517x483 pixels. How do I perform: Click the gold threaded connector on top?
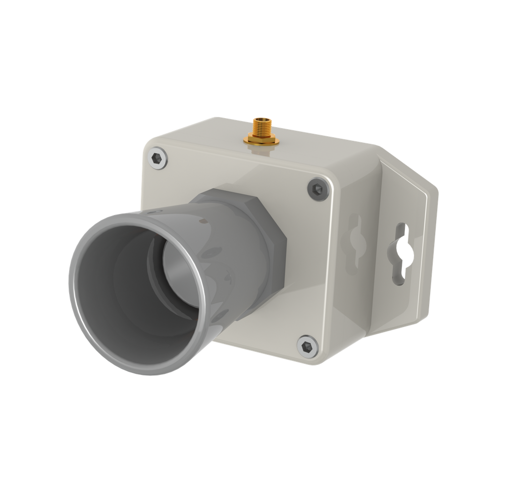point(262,131)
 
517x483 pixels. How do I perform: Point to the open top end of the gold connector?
point(261,120)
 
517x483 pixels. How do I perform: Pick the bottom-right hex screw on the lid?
point(307,347)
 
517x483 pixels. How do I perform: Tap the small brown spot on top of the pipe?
point(203,221)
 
